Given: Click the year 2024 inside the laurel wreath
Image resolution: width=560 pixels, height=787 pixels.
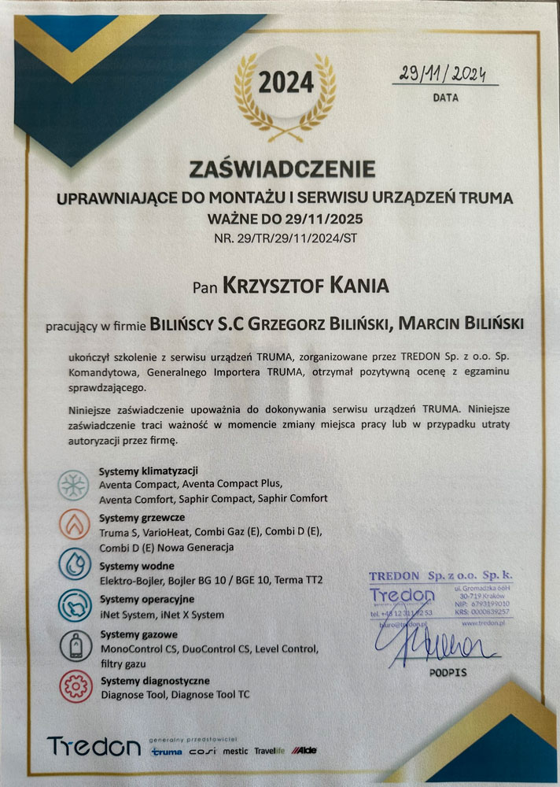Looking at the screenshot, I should (x=286, y=83).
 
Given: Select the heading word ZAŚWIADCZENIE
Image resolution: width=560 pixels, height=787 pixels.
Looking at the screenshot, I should (x=282, y=168).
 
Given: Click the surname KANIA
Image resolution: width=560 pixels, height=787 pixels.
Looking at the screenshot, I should (x=352, y=285).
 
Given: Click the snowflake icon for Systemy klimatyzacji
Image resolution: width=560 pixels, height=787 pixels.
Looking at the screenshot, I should (x=72, y=486).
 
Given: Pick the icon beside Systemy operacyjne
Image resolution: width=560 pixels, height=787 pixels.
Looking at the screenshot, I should (x=72, y=606).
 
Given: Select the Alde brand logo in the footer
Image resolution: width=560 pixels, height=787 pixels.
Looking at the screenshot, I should (x=303, y=751).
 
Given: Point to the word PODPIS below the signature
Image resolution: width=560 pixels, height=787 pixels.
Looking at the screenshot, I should (x=448, y=674).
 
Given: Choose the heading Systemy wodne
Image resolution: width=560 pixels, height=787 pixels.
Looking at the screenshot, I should (x=137, y=566).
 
